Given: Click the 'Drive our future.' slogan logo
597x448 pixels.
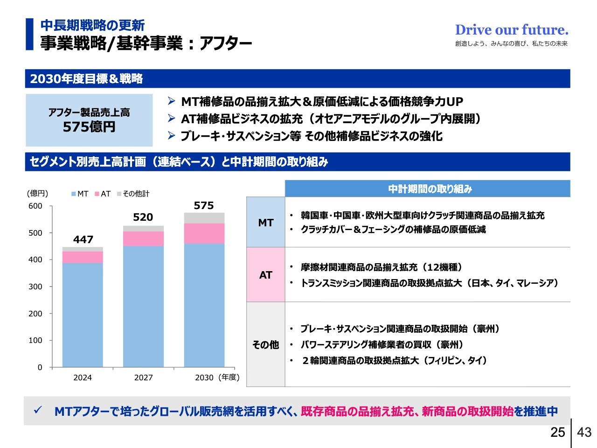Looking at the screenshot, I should point(512,30).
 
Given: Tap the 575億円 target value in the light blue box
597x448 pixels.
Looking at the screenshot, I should point(89,127).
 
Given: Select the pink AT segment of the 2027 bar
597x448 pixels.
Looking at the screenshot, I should point(143,238).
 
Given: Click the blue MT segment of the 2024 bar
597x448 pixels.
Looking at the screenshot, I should point(83,315).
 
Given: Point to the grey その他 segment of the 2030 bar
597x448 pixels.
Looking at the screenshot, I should point(204,218).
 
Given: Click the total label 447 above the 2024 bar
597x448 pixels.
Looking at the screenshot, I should point(83,239).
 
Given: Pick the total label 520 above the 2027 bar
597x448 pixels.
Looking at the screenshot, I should point(143,217).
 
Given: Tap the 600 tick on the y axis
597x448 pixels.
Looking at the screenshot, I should point(35,206).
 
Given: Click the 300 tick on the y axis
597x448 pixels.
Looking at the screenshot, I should point(35,287).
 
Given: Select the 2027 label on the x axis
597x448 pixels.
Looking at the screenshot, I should point(143,378).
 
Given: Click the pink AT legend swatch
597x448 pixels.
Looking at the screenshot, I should point(97,194).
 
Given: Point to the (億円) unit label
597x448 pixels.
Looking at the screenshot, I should point(37,193).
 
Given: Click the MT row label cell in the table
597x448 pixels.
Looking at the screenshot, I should point(265,223).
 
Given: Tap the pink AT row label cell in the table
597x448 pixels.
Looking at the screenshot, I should point(265,275).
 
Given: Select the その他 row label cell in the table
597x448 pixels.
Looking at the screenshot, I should point(265,344).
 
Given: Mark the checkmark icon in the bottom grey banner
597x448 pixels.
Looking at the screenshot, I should point(38,410).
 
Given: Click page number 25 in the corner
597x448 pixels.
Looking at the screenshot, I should point(557,432).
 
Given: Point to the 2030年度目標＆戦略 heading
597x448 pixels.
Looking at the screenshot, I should point(86,79).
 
